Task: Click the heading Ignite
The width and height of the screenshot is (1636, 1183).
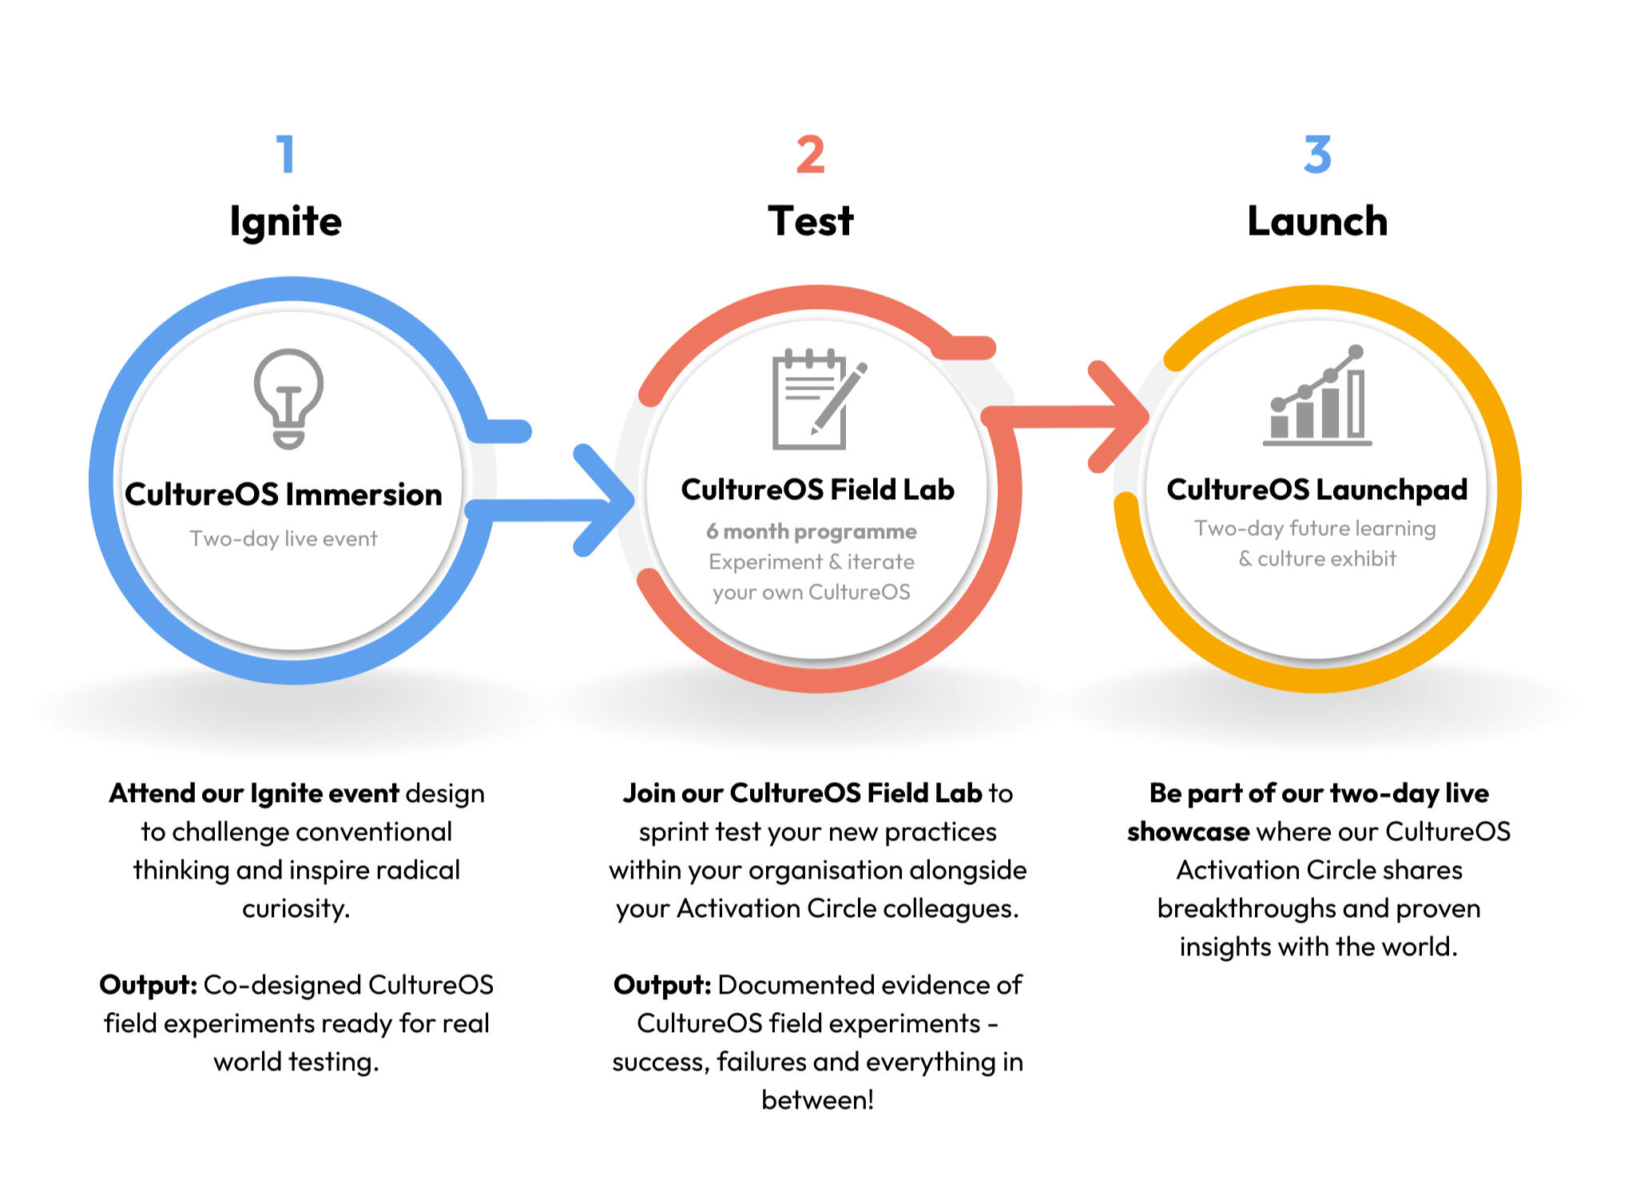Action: click(x=285, y=221)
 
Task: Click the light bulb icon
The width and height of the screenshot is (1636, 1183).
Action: click(x=288, y=399)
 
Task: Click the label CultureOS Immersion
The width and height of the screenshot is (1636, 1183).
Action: click(x=284, y=494)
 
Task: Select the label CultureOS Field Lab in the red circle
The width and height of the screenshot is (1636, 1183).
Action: click(x=817, y=490)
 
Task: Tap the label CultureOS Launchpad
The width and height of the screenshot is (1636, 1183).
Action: click(x=1316, y=490)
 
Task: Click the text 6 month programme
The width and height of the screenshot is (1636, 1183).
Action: click(x=811, y=531)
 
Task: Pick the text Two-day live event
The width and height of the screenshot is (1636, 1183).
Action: click(x=284, y=538)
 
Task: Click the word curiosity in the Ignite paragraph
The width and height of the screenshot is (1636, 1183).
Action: click(x=295, y=908)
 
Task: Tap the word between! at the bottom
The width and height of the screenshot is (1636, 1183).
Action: click(x=817, y=1100)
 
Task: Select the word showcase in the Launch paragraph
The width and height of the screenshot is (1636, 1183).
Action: click(x=1188, y=832)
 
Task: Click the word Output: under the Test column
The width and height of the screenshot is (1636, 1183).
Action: click(x=661, y=985)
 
